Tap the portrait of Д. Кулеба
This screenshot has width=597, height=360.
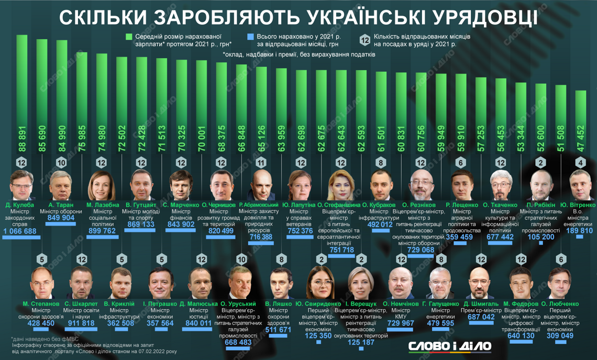(x=22, y=183)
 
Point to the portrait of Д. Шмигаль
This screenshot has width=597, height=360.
(x=478, y=283)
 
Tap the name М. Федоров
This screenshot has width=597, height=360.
(x=521, y=303)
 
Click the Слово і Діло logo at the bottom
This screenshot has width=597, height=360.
(x=450, y=346)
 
